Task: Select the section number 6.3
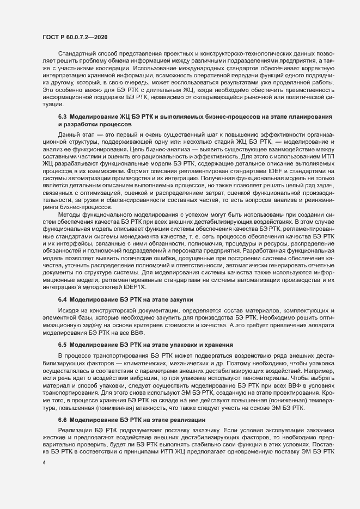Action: coord(62,117)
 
